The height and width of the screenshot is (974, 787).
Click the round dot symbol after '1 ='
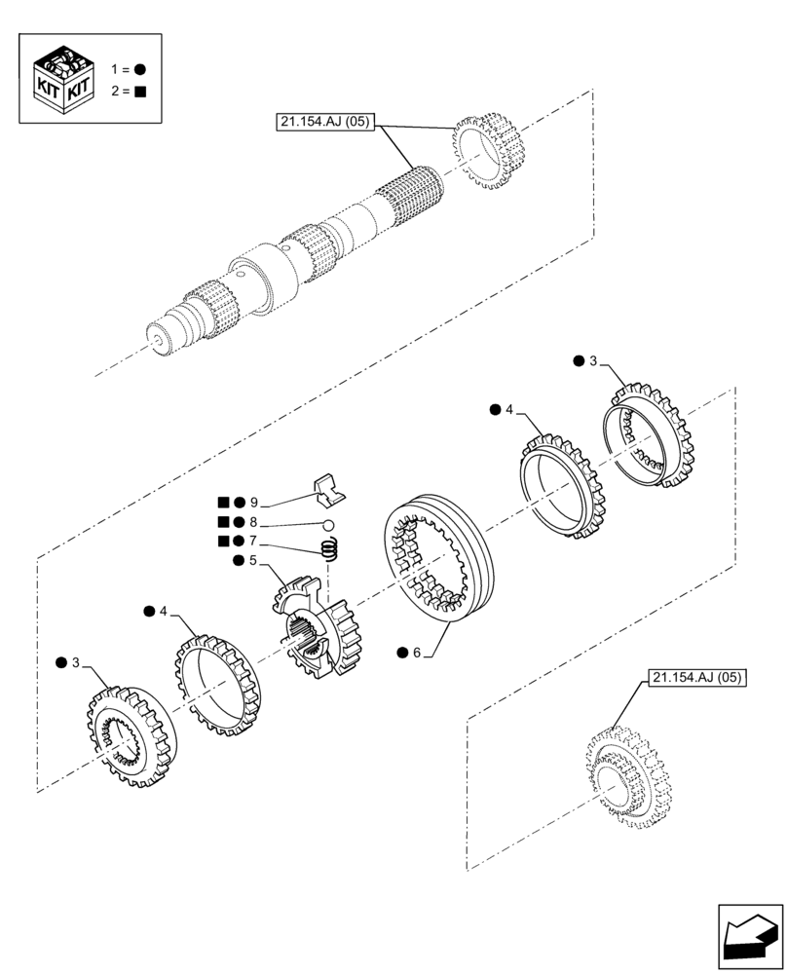click(140, 69)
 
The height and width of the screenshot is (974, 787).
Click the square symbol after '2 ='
click(140, 93)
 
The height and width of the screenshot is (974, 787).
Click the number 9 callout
click(253, 503)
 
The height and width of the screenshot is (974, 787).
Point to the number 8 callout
click(253, 522)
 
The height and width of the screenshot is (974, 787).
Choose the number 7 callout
click(253, 541)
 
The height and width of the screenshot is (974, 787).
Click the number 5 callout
click(252, 560)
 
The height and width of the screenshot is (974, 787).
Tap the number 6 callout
click(416, 653)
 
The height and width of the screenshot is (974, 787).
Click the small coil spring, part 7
click(331, 551)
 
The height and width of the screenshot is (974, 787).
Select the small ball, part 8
click(329, 526)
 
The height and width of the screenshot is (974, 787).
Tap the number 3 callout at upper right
click(593, 361)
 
